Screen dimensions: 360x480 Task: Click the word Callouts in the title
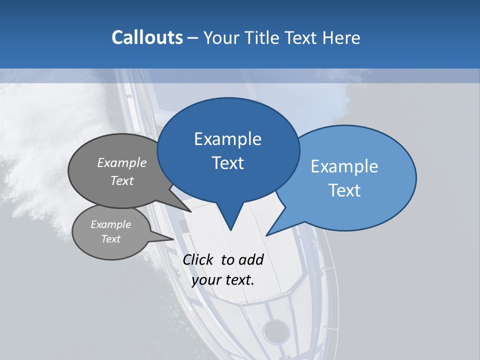(147, 37)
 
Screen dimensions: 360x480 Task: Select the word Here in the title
(342, 37)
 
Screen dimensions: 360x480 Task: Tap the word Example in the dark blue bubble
(227, 139)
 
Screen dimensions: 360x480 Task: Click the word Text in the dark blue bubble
(227, 163)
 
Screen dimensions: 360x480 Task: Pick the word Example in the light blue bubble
(344, 166)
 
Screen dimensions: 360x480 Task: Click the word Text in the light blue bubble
(344, 190)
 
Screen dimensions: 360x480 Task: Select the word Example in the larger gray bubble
(122, 162)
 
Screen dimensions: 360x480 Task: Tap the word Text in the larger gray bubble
(122, 180)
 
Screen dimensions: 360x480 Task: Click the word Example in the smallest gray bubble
(110, 224)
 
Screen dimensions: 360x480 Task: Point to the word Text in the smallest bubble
(110, 239)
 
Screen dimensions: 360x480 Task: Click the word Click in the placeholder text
(198, 259)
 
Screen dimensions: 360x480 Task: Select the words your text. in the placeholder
(223, 280)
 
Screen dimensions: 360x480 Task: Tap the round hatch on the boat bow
(276, 330)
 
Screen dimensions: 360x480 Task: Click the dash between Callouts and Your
(193, 38)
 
